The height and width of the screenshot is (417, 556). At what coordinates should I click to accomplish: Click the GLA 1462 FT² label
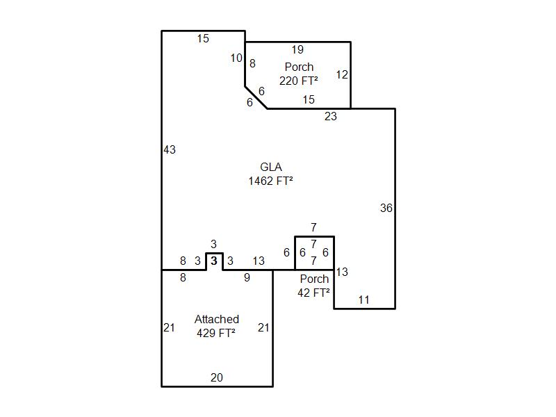pyautogui.click(x=270, y=174)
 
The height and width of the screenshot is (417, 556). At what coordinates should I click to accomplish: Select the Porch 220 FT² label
pyautogui.click(x=299, y=74)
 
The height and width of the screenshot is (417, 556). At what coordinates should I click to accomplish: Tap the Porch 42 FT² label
pyautogui.click(x=314, y=286)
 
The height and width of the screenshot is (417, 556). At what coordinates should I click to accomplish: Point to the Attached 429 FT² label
pyautogui.click(x=216, y=326)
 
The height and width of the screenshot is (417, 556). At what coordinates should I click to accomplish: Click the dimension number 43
pyautogui.click(x=170, y=149)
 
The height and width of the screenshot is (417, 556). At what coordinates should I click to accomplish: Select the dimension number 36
pyautogui.click(x=386, y=208)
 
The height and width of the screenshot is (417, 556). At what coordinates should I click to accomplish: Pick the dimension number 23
pyautogui.click(x=331, y=116)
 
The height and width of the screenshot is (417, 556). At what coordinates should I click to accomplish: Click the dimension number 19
pyautogui.click(x=297, y=49)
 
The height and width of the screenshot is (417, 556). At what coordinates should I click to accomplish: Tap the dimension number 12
pyautogui.click(x=342, y=74)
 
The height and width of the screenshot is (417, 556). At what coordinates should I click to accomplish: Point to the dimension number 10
pyautogui.click(x=236, y=58)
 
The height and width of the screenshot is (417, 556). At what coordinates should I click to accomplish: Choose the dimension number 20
pyautogui.click(x=217, y=377)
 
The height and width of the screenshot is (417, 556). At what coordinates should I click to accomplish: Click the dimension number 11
pyautogui.click(x=363, y=300)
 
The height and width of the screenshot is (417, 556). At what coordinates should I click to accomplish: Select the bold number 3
pyautogui.click(x=214, y=261)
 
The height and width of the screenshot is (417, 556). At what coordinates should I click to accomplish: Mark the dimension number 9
pyautogui.click(x=247, y=277)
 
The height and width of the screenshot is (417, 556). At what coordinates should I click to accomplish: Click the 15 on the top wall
pyautogui.click(x=203, y=39)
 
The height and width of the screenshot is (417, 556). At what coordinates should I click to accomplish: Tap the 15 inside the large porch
pyautogui.click(x=309, y=99)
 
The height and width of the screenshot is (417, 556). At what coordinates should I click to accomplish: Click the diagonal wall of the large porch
pyautogui.click(x=256, y=97)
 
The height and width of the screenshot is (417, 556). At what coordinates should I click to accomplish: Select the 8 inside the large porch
pyautogui.click(x=252, y=63)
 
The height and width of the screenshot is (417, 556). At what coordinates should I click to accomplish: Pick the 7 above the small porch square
pyautogui.click(x=313, y=227)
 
